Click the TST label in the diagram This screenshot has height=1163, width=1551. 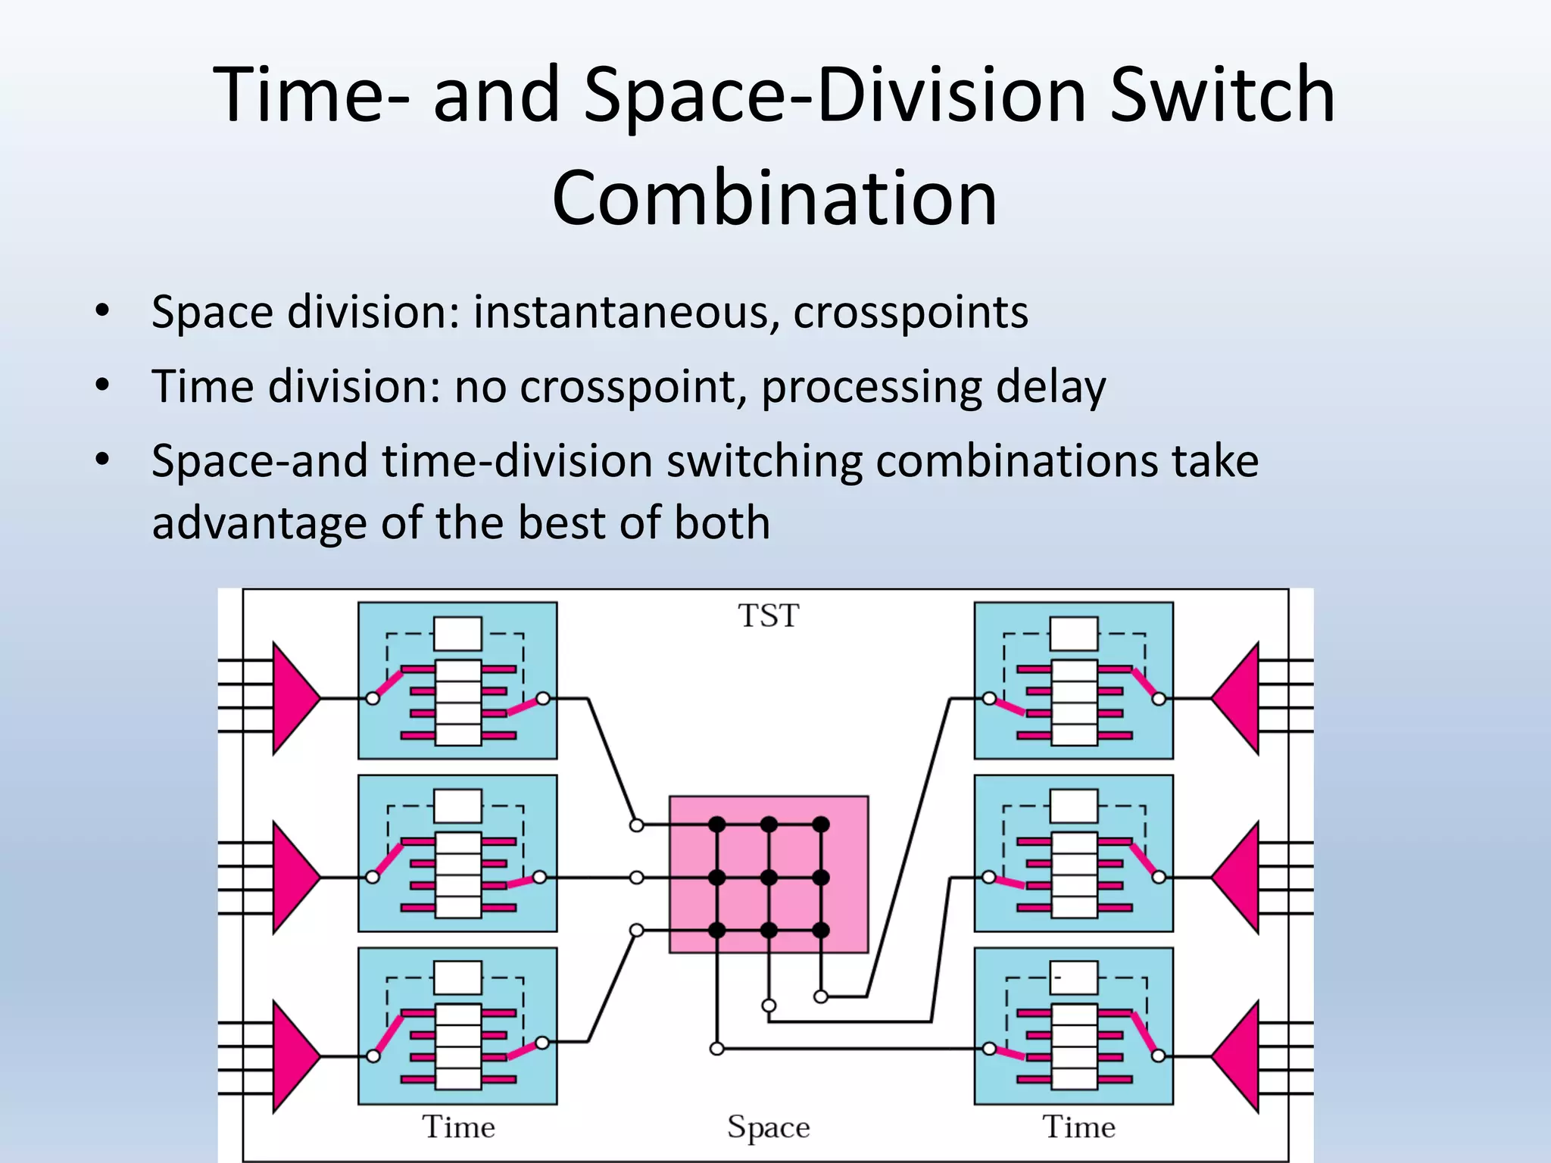point(768,616)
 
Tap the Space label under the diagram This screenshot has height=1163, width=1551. point(768,1127)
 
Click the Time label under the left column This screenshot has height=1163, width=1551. point(458,1127)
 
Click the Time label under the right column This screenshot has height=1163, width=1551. point(1078,1127)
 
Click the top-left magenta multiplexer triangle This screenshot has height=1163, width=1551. point(292,698)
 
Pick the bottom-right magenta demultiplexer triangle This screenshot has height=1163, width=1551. point(1239,1056)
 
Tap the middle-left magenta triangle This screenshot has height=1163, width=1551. point(292,878)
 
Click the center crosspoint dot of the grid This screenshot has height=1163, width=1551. point(769,878)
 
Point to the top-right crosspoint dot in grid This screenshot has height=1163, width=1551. point(821,824)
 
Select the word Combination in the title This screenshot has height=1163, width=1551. point(775,198)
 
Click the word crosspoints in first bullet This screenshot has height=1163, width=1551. point(910,312)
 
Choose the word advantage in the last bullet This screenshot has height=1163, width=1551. point(260,523)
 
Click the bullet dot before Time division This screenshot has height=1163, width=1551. point(102,385)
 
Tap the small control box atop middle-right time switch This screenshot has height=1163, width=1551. point(1074,806)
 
